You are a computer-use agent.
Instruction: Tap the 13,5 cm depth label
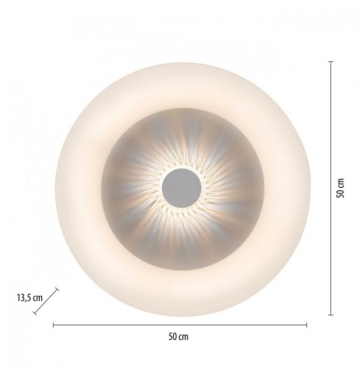[x=30, y=298]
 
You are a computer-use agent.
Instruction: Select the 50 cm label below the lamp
[x=178, y=337]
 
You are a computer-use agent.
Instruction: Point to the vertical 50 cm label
[x=340, y=188]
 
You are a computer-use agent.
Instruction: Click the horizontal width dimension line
[x=180, y=325]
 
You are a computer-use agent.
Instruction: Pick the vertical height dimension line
[x=331, y=188]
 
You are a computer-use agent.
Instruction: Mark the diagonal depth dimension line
[x=46, y=301]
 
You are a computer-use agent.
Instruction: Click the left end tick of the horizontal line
[x=53, y=325]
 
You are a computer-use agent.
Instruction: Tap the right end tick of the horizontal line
[x=306, y=325]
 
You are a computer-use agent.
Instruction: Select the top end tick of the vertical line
[x=331, y=61]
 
